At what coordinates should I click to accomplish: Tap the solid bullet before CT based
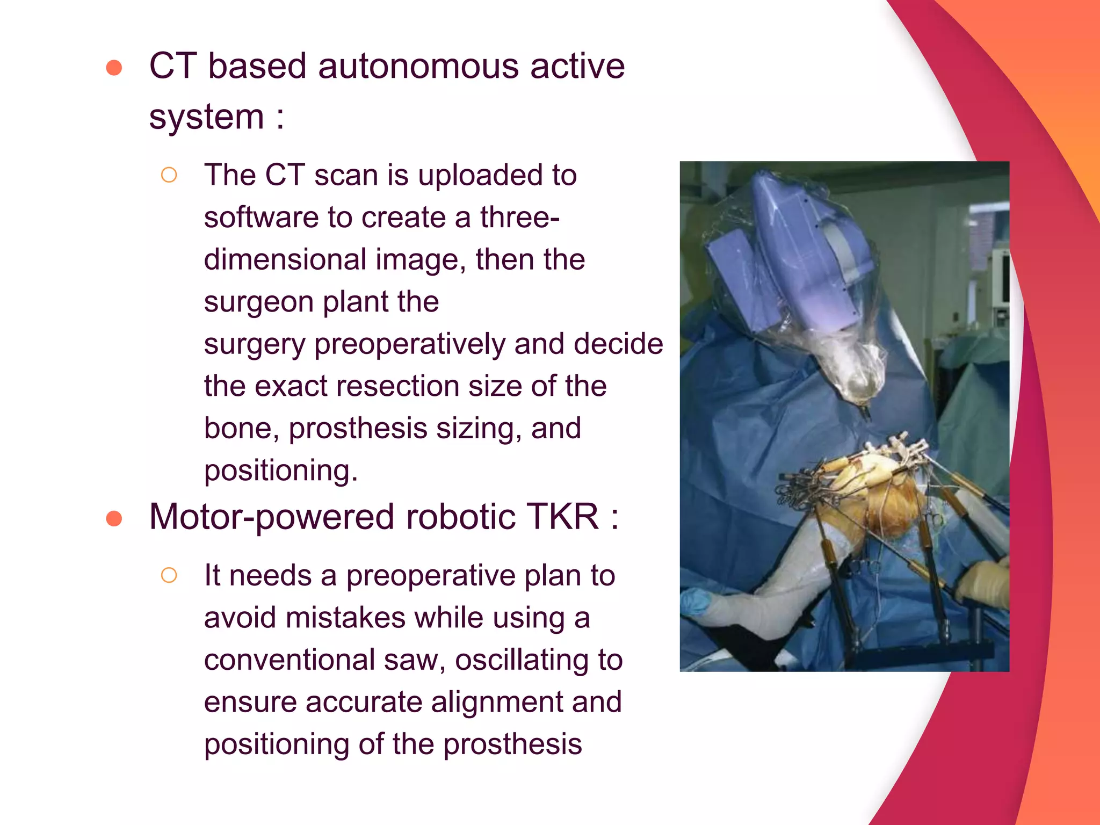coord(114,68)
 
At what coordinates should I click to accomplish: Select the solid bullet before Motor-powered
coord(114,518)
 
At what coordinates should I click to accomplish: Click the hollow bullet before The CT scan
coord(169,175)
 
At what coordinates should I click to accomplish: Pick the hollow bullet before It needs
coord(169,575)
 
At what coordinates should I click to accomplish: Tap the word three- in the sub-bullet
coord(519,218)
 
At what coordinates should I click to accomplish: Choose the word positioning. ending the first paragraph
coord(280,471)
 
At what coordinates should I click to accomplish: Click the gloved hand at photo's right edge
coord(986,583)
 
